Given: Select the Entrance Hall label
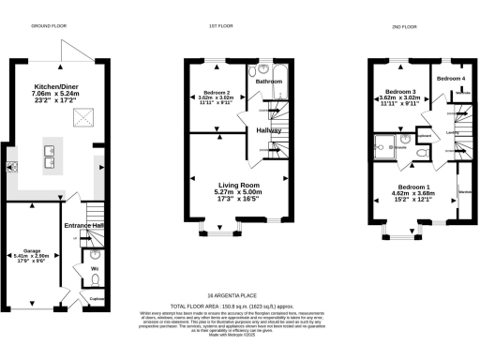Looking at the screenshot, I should coord(83,226).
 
